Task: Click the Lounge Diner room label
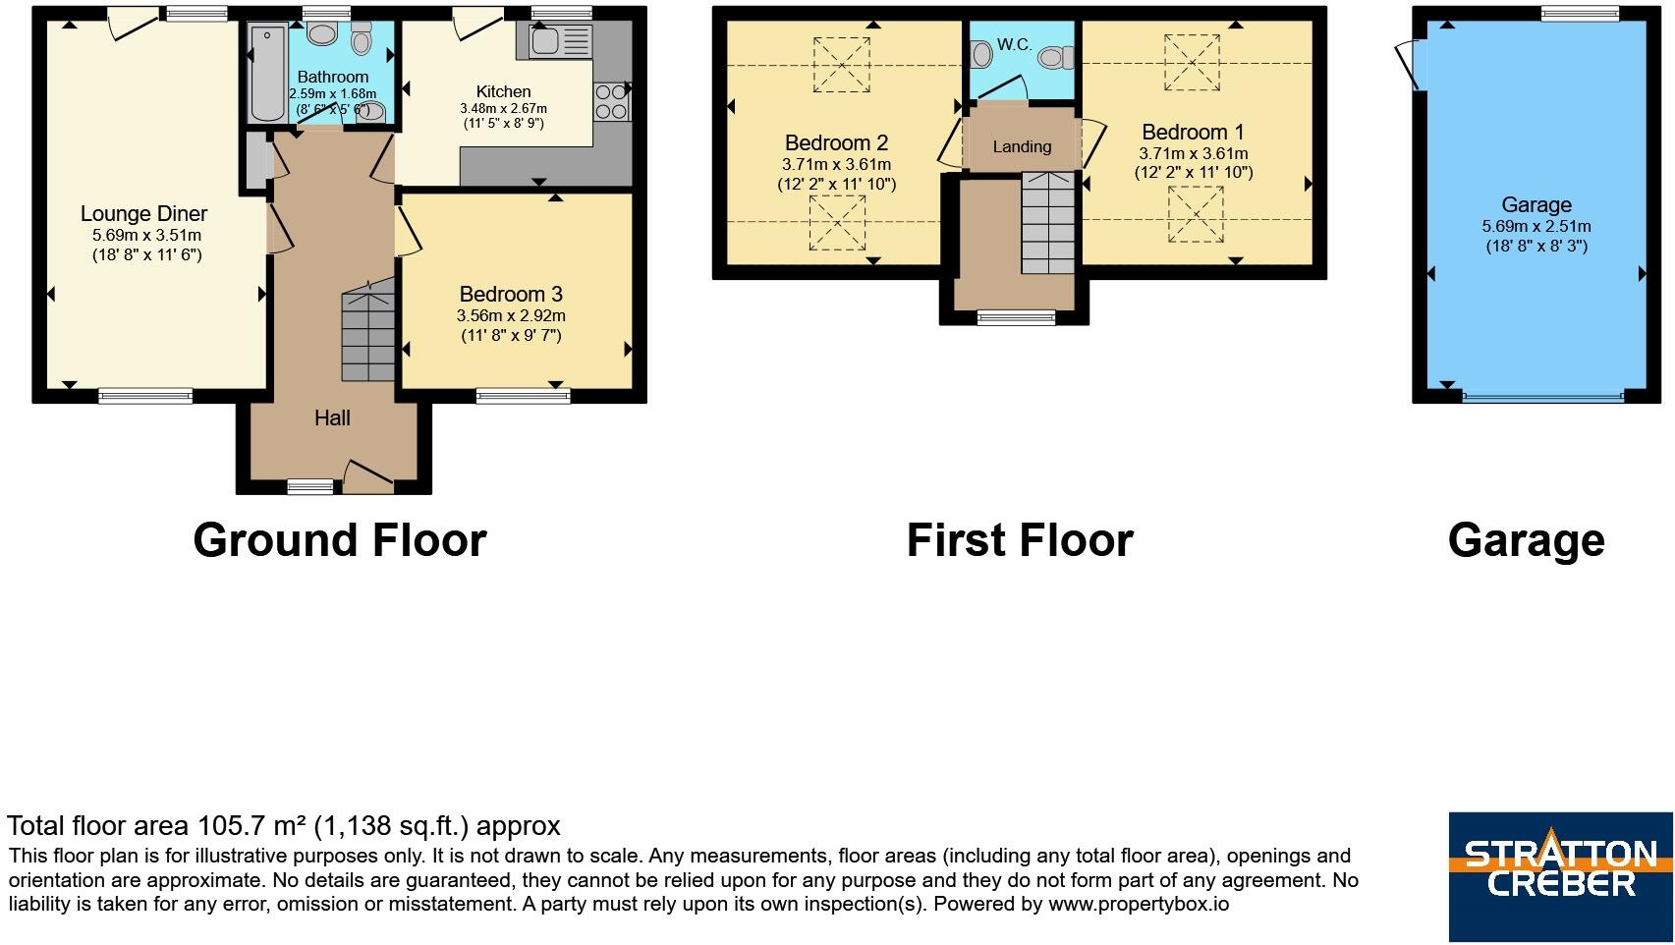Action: click(x=143, y=214)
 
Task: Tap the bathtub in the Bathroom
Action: click(x=267, y=74)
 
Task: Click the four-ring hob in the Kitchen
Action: click(x=611, y=102)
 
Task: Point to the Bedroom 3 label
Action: click(x=511, y=295)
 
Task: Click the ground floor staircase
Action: click(x=368, y=330)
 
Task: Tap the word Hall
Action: click(x=332, y=417)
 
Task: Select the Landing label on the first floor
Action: click(x=1022, y=146)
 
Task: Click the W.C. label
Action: click(x=1014, y=45)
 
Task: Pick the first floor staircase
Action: click(x=1047, y=223)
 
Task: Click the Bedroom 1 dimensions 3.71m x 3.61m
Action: click(x=1193, y=154)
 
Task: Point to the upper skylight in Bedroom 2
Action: click(x=841, y=65)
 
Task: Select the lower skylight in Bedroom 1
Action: click(x=1196, y=214)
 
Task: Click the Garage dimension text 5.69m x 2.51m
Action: click(x=1535, y=227)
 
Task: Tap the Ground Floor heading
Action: click(x=340, y=540)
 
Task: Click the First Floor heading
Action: click(x=1020, y=540)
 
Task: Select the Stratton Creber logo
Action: click(x=1561, y=877)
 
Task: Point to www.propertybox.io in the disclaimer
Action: click(x=1138, y=904)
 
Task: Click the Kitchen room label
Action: click(x=503, y=92)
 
